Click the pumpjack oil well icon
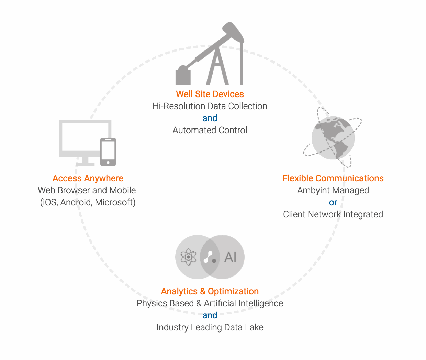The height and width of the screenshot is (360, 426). (x=210, y=55)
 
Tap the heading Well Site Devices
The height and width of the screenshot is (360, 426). (x=210, y=94)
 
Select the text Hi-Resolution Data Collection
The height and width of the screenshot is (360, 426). (x=210, y=106)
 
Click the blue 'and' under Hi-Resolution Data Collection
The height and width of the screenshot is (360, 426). (x=210, y=118)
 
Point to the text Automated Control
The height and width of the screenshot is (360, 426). (x=210, y=130)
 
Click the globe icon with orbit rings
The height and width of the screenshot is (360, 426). (x=333, y=138)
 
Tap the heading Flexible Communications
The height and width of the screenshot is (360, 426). (x=333, y=178)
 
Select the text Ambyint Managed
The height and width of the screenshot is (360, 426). (x=333, y=190)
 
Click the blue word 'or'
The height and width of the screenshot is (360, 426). (x=333, y=203)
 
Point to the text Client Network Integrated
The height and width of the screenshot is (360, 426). (x=333, y=214)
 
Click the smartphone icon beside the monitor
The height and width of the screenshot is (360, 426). (x=108, y=152)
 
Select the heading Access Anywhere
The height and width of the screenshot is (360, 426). (x=88, y=178)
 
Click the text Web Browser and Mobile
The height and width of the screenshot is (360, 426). (x=87, y=190)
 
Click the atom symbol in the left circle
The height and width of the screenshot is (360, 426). (x=188, y=257)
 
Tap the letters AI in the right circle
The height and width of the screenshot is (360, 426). (x=231, y=257)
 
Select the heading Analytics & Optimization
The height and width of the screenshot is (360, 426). (x=210, y=291)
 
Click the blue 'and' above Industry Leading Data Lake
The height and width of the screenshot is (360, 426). (x=210, y=315)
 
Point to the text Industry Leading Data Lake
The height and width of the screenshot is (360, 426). (x=210, y=327)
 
